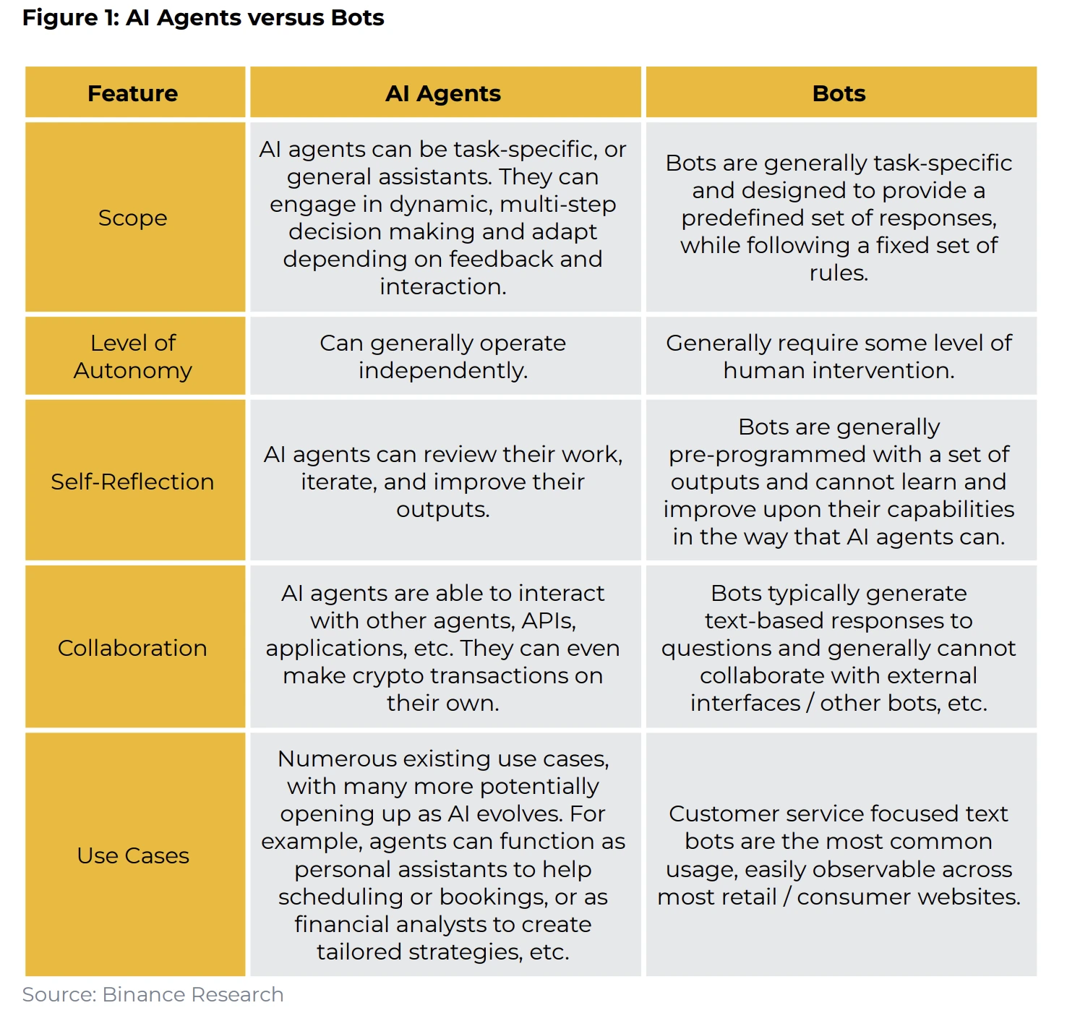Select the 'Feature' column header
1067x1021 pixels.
tap(133, 93)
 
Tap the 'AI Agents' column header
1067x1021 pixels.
tap(443, 93)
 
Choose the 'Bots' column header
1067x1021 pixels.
tap(839, 93)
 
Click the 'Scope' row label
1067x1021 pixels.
tap(133, 218)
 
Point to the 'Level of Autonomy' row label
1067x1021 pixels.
tap(133, 356)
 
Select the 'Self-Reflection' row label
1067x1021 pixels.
tap(133, 482)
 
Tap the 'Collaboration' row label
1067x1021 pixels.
tap(133, 648)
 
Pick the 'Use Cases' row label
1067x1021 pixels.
tap(133, 855)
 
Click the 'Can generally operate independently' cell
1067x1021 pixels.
tap(443, 356)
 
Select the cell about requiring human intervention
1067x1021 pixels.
tap(839, 356)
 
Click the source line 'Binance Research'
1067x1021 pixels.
tap(193, 994)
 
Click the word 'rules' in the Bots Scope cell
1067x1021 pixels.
tap(839, 273)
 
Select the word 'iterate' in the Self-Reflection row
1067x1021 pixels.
tap(339, 482)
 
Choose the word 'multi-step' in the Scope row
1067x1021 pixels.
tap(558, 205)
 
